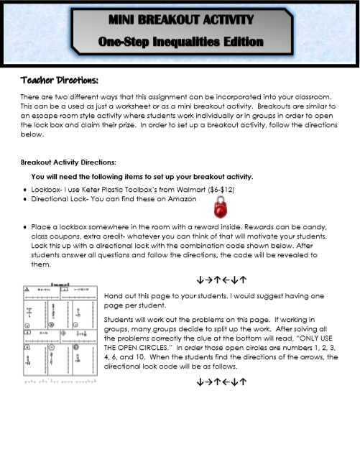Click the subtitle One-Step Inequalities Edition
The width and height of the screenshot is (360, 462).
[x=180, y=42]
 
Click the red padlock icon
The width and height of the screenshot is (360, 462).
[x=221, y=208]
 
